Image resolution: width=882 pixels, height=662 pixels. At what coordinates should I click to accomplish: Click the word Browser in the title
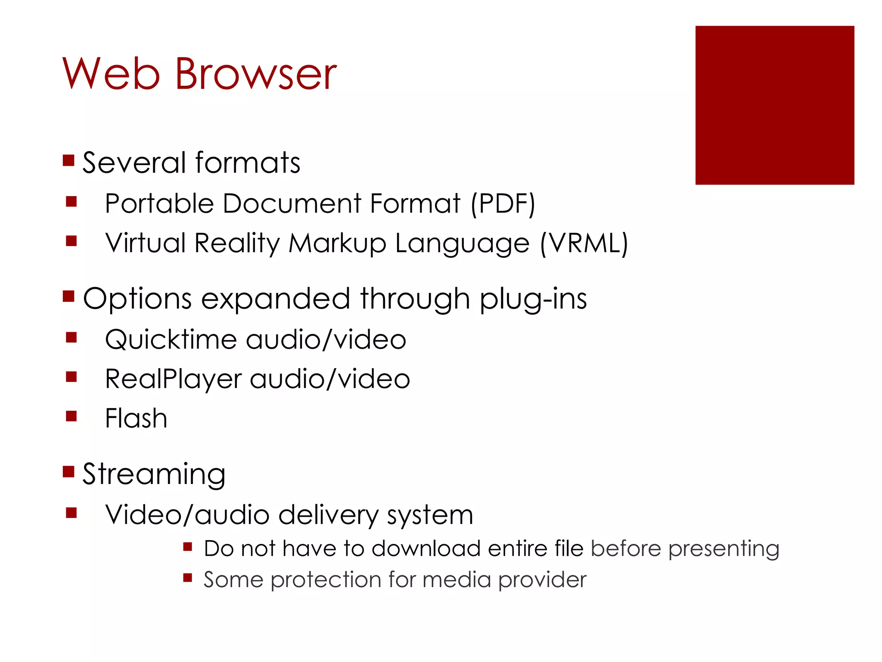pyautogui.click(x=256, y=74)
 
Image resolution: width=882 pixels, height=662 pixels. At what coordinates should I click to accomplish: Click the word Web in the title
pyautogui.click(x=111, y=74)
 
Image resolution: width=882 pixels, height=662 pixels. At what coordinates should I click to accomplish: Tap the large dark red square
pyautogui.click(x=774, y=105)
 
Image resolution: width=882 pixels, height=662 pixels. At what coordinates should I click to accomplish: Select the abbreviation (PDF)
pyautogui.click(x=503, y=203)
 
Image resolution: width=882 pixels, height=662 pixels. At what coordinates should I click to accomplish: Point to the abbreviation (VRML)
pyautogui.click(x=584, y=243)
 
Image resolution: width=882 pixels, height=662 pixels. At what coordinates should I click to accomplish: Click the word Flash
pyautogui.click(x=136, y=418)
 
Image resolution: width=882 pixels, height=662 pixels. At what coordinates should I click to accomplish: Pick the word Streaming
pyautogui.click(x=154, y=474)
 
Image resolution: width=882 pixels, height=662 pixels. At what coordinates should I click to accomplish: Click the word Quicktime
pyautogui.click(x=171, y=340)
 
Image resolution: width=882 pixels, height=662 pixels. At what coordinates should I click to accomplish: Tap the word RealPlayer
pyautogui.click(x=173, y=379)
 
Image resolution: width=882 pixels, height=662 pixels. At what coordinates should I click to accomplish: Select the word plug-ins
pyautogui.click(x=533, y=299)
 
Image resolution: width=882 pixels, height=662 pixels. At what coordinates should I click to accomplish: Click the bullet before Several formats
pyautogui.click(x=68, y=161)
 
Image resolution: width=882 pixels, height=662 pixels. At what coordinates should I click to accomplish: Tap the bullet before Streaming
pyautogui.click(x=68, y=472)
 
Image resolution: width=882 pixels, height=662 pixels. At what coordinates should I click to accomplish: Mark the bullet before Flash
pyautogui.click(x=71, y=416)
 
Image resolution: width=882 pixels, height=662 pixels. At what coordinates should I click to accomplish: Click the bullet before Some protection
pyautogui.click(x=187, y=578)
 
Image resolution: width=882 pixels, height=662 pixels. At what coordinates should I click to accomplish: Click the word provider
pyautogui.click(x=542, y=580)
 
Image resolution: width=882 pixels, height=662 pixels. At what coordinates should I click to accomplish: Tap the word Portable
pyautogui.click(x=159, y=203)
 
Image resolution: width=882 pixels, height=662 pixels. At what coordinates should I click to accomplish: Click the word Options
pyautogui.click(x=137, y=299)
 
